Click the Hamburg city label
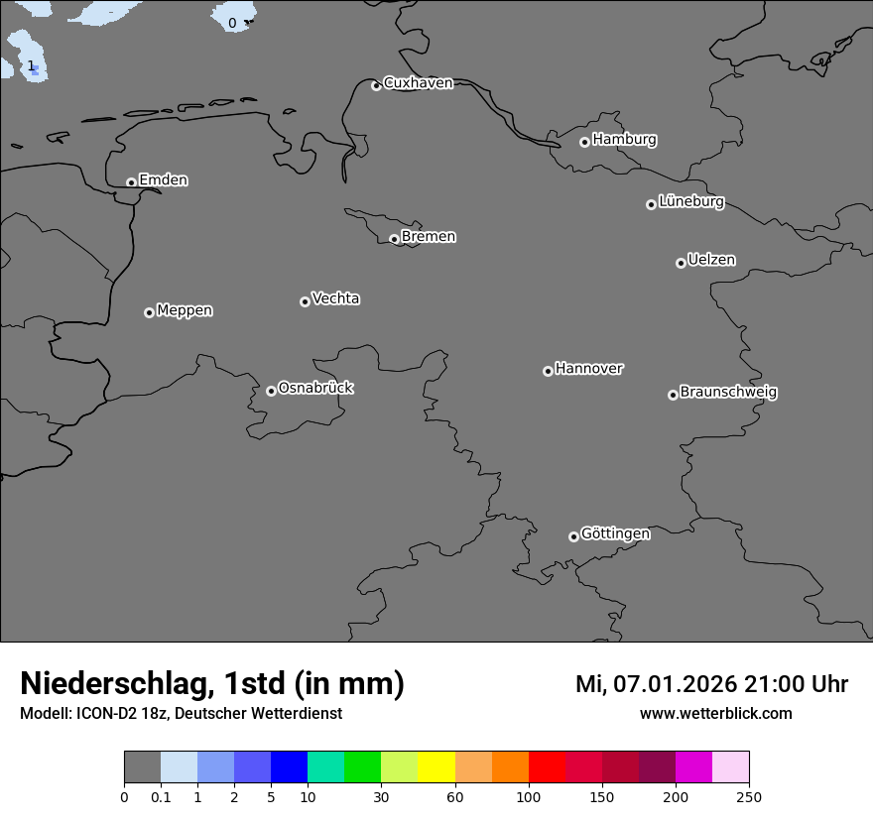tap(624, 140)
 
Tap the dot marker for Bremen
tap(394, 239)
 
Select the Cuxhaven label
tap(418, 83)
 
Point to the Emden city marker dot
tap(131, 182)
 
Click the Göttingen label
tap(615, 533)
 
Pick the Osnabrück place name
tap(315, 388)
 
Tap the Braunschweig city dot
tap(673, 395)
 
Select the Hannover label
tap(588, 369)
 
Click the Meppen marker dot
tap(149, 312)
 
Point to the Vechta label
tap(335, 298)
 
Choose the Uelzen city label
tap(711, 260)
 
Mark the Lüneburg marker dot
tap(651, 204)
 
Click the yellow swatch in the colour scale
tap(436, 767)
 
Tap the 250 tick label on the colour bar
tap(749, 796)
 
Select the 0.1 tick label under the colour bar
tap(161, 796)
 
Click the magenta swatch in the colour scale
tap(693, 767)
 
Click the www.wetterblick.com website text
tap(715, 713)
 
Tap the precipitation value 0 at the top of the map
tap(232, 23)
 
